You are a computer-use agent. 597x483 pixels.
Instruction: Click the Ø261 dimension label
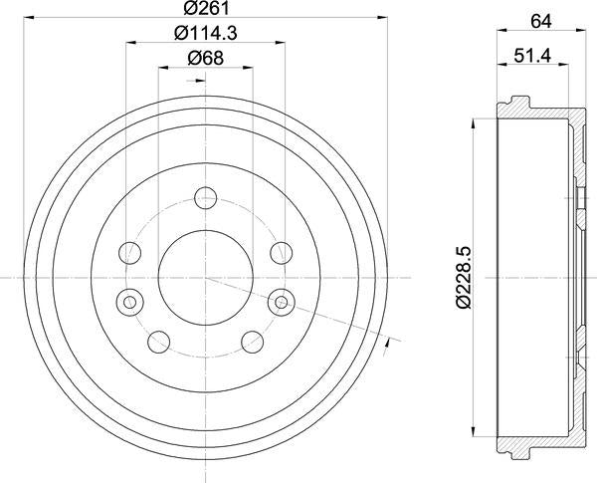(x=206, y=8)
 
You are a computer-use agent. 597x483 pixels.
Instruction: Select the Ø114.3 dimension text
(x=206, y=33)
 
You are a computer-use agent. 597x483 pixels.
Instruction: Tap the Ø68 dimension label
(x=206, y=59)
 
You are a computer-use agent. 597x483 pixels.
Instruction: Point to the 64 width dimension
(x=541, y=21)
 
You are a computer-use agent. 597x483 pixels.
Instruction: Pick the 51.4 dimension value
(x=532, y=57)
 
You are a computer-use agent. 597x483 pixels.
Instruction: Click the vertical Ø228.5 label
(x=464, y=278)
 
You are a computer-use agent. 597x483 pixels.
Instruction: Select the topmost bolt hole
(x=206, y=198)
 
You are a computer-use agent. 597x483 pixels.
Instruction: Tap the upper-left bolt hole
(x=130, y=252)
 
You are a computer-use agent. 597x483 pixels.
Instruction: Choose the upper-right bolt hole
(x=281, y=252)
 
